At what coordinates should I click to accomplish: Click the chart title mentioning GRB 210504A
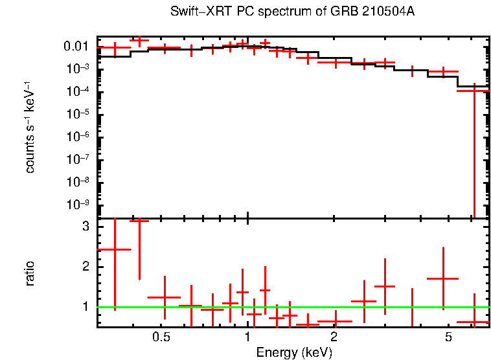point(292,12)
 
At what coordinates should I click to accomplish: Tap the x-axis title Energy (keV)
point(294,352)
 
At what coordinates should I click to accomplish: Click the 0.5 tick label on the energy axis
point(161,337)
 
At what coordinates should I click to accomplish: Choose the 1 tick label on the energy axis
point(247,337)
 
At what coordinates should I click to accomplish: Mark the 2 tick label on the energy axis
point(334,337)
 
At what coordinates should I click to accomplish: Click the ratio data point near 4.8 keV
point(443,278)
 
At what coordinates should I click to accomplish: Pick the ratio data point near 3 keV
point(385,286)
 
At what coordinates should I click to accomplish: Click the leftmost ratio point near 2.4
point(115,249)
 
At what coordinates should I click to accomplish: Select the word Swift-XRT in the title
point(194,12)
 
